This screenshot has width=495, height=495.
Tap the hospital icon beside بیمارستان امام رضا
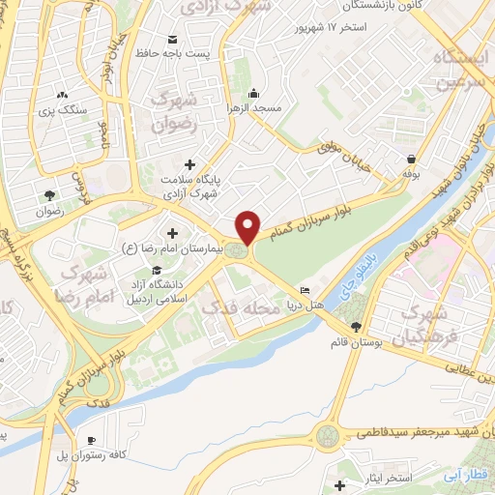(x=173, y=233)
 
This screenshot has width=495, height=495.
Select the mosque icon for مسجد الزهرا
(x=253, y=94)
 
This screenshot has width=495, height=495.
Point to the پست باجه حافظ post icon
(x=173, y=40)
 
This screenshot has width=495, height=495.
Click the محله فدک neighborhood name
(x=237, y=307)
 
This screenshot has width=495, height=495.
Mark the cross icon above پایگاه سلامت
(x=189, y=164)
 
